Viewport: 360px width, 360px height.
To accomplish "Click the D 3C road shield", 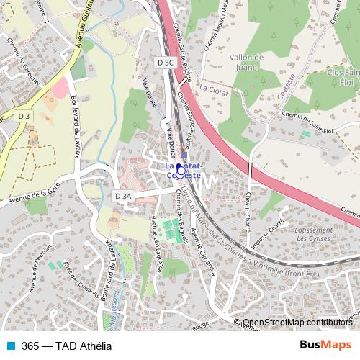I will pyautogui.click(x=166, y=63).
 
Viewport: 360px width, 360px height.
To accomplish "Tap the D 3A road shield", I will pyautogui.click(x=123, y=196).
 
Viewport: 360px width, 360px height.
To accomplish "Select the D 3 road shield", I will pyautogui.click(x=25, y=116).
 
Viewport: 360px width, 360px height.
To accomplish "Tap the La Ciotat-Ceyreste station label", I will pyautogui.click(x=183, y=170).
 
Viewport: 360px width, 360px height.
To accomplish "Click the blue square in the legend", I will pyautogui.click(x=9, y=345).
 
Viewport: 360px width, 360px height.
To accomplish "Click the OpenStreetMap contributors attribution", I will pyautogui.click(x=297, y=323).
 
